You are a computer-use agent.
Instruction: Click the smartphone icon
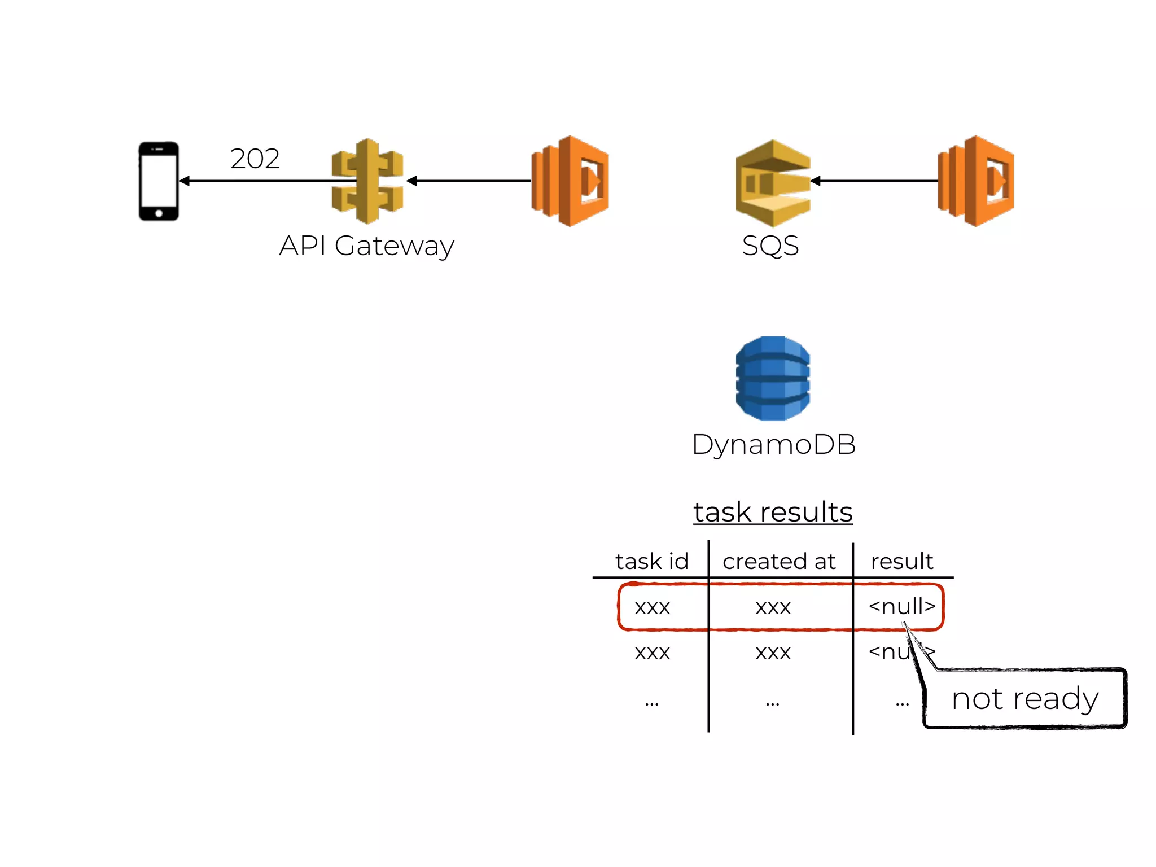click(x=159, y=181)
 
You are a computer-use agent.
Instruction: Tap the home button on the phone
click(x=159, y=213)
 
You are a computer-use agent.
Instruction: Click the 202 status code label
click(x=255, y=159)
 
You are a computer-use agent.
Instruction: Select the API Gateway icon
click(x=367, y=181)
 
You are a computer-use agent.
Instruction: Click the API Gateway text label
click(x=366, y=246)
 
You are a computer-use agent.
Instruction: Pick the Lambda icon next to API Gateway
click(x=570, y=181)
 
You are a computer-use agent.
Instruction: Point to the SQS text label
click(x=770, y=246)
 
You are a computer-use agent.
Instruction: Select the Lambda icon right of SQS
click(x=976, y=181)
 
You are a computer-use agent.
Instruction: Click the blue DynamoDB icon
click(x=773, y=378)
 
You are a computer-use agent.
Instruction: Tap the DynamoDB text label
click(x=773, y=444)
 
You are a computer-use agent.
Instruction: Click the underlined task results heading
click(x=773, y=512)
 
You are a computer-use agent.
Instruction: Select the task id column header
click(x=652, y=561)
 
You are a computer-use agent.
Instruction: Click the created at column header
click(x=779, y=561)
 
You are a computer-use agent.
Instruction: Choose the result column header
click(x=901, y=561)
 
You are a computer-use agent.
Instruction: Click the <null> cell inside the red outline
click(x=901, y=606)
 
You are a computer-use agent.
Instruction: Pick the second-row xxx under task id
click(x=652, y=653)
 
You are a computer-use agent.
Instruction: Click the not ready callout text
click(x=1024, y=699)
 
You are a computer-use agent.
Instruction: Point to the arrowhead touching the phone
click(x=185, y=181)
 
